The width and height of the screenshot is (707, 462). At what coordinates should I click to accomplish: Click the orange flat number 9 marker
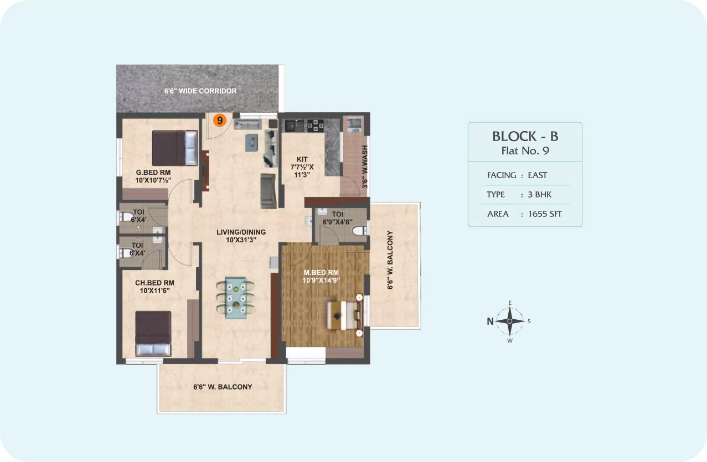point(220,120)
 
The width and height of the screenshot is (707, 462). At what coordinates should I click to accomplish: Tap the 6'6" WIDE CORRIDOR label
point(200,91)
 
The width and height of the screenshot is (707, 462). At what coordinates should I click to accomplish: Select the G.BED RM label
point(153,173)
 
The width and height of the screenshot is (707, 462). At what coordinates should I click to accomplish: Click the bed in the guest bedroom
point(175,148)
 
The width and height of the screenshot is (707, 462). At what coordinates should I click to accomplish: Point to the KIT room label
point(302,159)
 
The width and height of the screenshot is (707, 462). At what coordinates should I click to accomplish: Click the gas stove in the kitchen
point(316,126)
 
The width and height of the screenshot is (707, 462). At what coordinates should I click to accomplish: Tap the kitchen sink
point(294,125)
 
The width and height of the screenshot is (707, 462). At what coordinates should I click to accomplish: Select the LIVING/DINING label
point(241,232)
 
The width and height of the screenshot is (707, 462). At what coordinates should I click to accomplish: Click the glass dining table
point(236,298)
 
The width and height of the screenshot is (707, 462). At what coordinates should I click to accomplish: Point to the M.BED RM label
point(321,272)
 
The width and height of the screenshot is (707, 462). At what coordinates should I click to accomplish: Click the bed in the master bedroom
point(344,315)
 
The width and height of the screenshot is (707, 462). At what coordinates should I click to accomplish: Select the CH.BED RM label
point(154,283)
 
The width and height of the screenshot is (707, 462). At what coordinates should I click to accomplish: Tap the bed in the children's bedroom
point(153,334)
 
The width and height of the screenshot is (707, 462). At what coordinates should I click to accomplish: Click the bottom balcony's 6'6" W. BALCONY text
point(223,387)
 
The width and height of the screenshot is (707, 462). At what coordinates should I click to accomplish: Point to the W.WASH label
point(365,158)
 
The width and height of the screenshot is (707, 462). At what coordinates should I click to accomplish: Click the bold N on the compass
point(490,321)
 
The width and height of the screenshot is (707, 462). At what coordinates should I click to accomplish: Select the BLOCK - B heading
point(525,136)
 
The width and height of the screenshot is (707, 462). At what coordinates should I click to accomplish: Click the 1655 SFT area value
point(545,214)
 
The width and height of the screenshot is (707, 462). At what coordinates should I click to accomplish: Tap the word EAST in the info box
point(538,175)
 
